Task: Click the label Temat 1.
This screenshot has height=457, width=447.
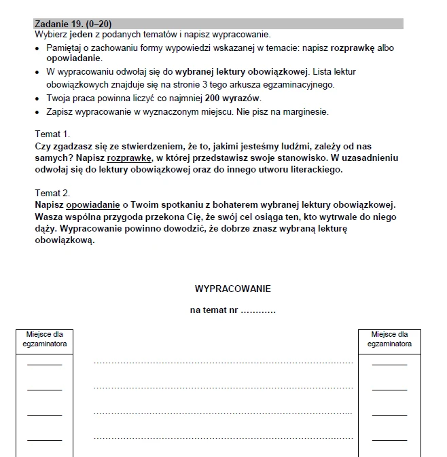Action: [52, 134]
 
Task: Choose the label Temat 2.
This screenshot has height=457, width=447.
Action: [52, 193]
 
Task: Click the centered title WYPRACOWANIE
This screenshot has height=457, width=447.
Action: [232, 289]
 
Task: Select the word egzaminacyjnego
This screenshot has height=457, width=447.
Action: [298, 85]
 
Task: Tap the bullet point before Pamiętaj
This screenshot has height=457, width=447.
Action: [37, 49]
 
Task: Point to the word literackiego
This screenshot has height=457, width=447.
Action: [315, 170]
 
